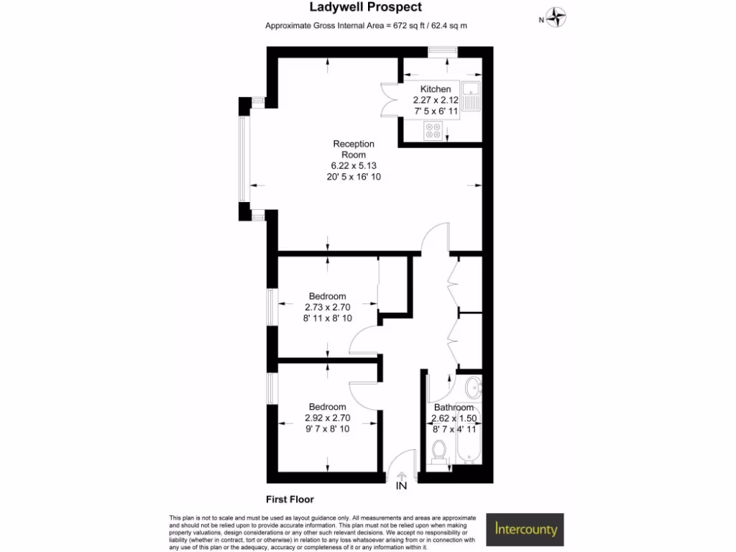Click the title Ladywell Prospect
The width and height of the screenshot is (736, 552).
365,8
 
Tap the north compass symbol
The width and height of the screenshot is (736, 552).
556,18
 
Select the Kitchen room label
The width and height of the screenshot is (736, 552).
436,89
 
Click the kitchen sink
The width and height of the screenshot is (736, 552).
471,96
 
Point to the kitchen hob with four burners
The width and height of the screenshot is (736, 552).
433,131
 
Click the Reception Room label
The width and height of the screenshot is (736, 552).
354,149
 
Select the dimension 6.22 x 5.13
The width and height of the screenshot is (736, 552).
354,165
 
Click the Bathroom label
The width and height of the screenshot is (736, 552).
454,408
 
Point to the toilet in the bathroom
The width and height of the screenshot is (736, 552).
438,451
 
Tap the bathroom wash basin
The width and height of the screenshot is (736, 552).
472,388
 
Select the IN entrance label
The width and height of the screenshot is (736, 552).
401,486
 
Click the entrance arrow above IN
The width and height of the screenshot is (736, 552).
401,474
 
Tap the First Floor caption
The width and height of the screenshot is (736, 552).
290,499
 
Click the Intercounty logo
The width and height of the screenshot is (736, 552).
525,530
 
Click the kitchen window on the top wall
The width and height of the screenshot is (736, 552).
443,50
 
